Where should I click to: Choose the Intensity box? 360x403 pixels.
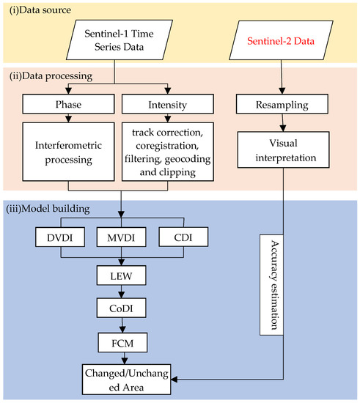pyautogui.click(x=161, y=105)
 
